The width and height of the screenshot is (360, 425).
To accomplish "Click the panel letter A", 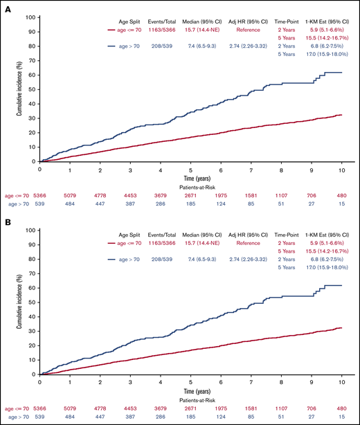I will [x=5, y=6].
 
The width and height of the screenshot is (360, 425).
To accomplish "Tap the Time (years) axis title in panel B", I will [x=192, y=390].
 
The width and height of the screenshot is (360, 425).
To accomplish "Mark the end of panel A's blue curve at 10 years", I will [x=341, y=72].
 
